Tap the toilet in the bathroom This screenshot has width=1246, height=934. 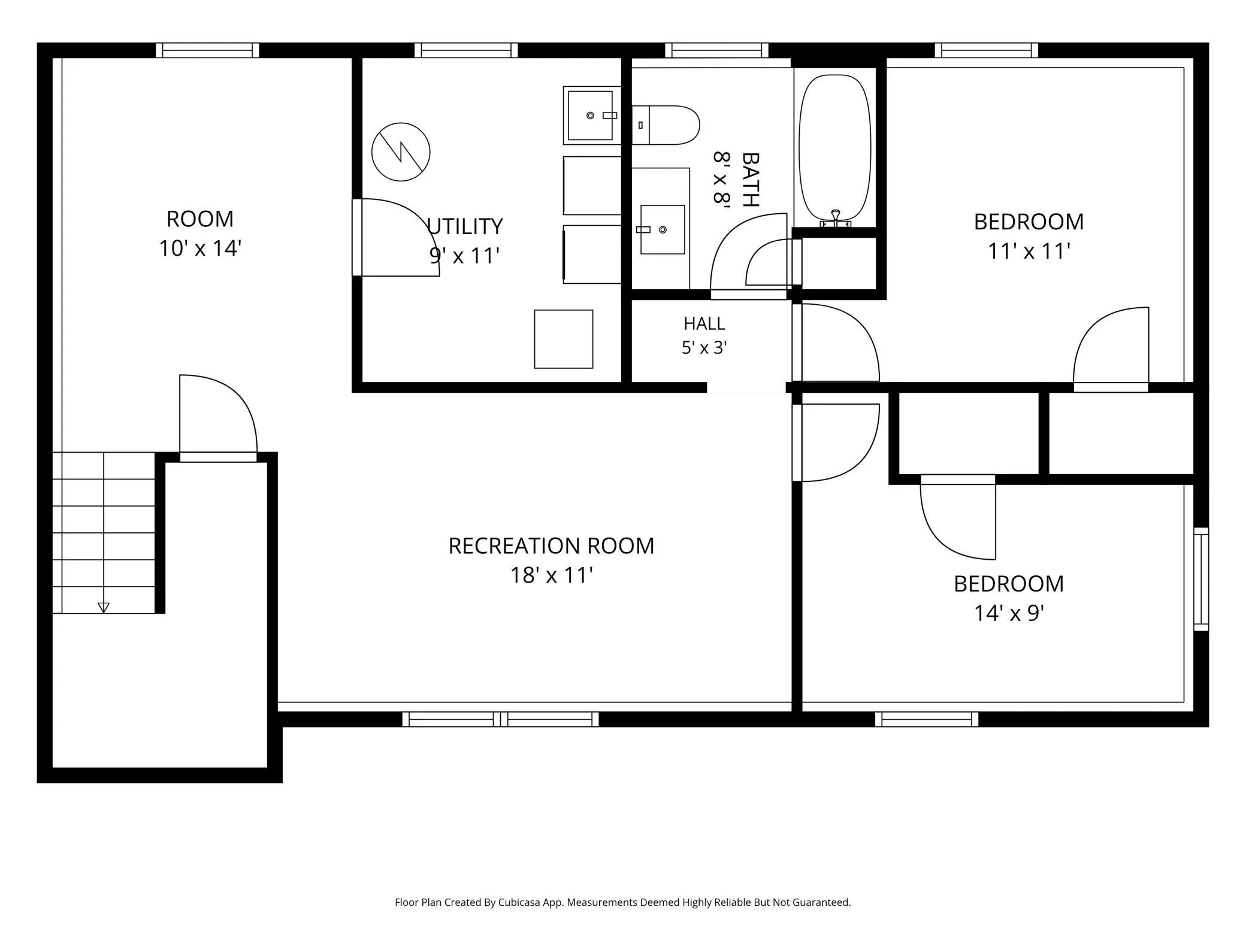[x=666, y=125]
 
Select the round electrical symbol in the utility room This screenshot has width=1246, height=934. [x=401, y=152]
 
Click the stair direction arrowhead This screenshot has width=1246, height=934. [x=104, y=608]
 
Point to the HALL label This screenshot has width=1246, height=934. [x=704, y=323]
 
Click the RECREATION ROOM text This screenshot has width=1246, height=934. [x=551, y=545]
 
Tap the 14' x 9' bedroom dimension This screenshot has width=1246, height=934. [x=1009, y=613]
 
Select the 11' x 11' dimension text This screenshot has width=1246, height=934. [x=1029, y=251]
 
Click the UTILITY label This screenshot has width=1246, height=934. [x=465, y=226]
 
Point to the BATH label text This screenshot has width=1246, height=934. [x=750, y=180]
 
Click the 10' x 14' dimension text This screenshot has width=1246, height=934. [x=199, y=248]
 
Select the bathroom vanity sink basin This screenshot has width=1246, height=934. [x=663, y=230]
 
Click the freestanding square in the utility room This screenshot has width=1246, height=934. [x=564, y=339]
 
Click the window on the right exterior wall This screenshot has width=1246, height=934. [x=1201, y=579]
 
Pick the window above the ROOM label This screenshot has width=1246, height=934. [x=207, y=50]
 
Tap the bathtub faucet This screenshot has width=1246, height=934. [x=836, y=219]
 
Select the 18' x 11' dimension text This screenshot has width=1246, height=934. [x=551, y=575]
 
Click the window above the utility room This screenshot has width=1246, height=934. [x=466, y=50]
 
